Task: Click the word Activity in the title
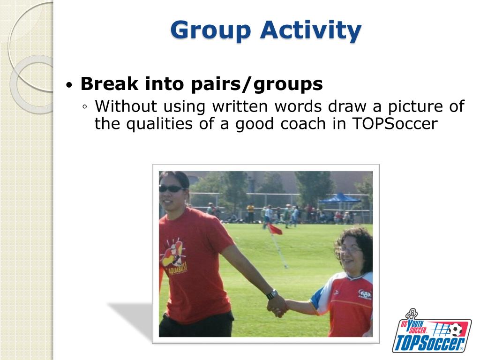[x=311, y=30]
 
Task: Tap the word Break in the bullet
[x=109, y=83]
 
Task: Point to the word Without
[x=126, y=106]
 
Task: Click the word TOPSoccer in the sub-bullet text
[x=395, y=124]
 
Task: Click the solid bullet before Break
[x=69, y=84]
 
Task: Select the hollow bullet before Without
[x=85, y=107]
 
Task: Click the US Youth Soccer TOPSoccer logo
[x=432, y=331]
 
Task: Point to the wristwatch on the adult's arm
[x=272, y=294]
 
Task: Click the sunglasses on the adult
[x=172, y=189]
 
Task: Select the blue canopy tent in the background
[x=340, y=198]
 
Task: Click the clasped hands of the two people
[x=277, y=307]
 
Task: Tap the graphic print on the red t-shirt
[x=173, y=257]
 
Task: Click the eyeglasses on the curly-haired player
[x=351, y=250]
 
